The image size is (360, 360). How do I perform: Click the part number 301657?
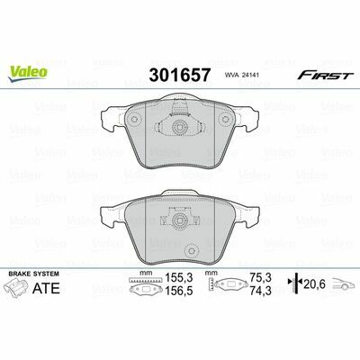pyautogui.click(x=179, y=75)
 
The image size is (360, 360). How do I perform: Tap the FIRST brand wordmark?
pyautogui.click(x=324, y=76)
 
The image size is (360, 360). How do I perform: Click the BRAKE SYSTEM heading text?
pyautogui.click(x=34, y=274)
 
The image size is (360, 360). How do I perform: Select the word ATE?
pyautogui.click(x=46, y=288)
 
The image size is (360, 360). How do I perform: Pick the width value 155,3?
pyautogui.click(x=179, y=278)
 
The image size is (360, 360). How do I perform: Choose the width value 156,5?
pyautogui.click(x=179, y=291)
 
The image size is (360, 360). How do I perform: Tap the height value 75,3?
pyautogui.click(x=262, y=278)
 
